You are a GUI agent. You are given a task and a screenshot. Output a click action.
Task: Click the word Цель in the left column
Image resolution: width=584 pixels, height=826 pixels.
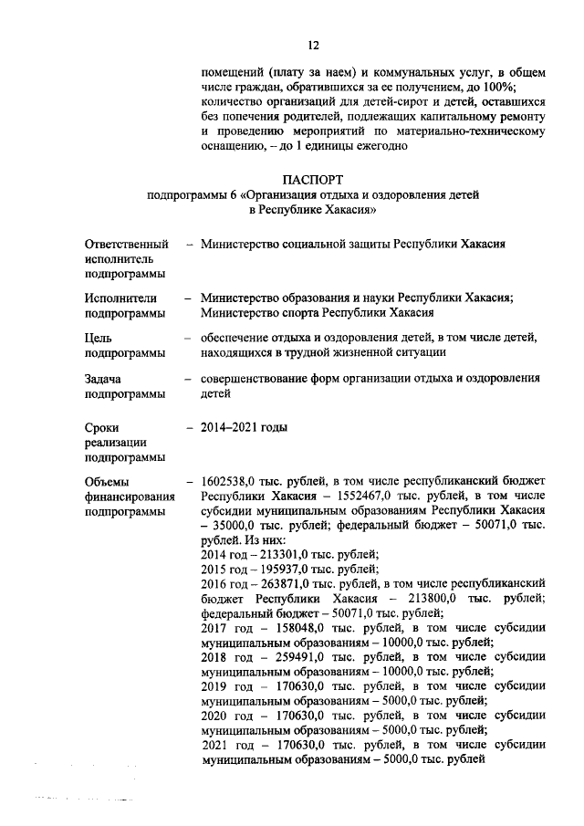click(99, 338)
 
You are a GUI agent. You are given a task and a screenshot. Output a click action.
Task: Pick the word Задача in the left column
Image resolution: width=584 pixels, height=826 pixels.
click(104, 378)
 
